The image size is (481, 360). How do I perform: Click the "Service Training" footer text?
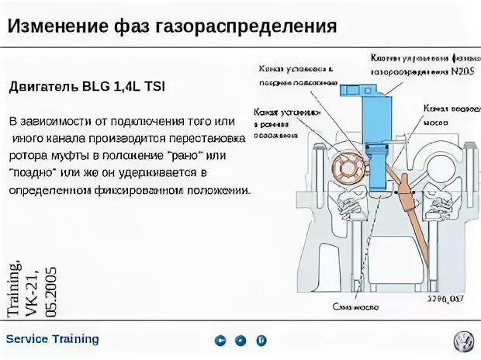(52, 339)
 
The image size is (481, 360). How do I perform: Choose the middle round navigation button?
(240, 340)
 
